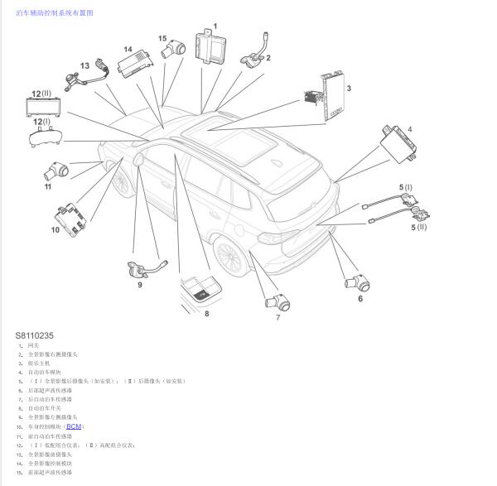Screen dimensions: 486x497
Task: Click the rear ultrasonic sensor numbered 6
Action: point(358,281)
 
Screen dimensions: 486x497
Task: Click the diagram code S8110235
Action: point(34,335)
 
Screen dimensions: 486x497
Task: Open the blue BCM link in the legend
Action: point(75,426)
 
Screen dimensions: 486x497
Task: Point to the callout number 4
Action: point(409,128)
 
